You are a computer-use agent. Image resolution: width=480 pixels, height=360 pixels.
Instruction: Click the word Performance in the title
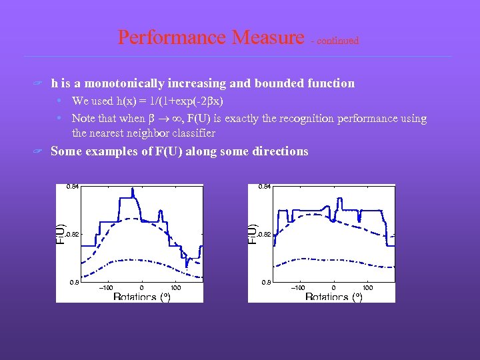tap(175, 37)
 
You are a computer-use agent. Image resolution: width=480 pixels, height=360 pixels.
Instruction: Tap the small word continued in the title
tap(337, 41)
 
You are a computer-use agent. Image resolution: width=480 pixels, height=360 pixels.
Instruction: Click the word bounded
tap(279, 83)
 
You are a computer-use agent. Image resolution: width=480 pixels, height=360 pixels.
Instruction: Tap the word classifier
tap(193, 133)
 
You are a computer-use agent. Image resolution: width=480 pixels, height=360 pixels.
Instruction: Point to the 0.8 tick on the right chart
tap(265, 283)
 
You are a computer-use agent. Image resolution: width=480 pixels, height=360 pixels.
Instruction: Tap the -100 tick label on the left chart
tap(105, 287)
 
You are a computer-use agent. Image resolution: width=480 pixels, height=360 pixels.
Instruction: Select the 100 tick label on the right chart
tap(367, 287)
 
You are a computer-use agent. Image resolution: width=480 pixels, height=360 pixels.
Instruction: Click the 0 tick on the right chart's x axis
tap(333, 287)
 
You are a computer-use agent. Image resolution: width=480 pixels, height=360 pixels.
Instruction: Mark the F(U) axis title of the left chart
tap(60, 233)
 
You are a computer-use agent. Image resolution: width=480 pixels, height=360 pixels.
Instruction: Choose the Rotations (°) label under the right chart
tap(333, 297)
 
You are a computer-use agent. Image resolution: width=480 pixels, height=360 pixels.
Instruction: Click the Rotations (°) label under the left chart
tap(141, 297)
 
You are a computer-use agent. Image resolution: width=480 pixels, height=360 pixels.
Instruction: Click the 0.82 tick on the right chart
tap(264, 235)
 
